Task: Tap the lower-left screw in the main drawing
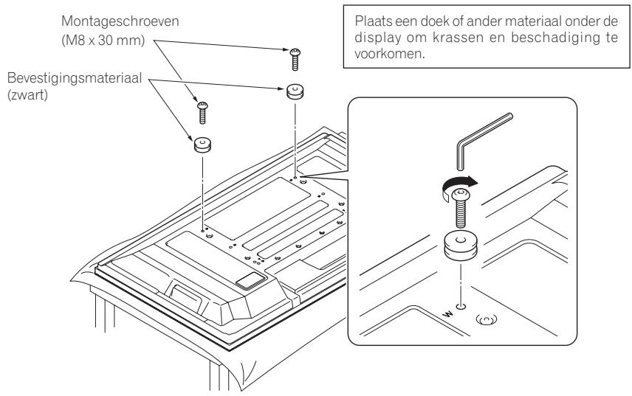coord(202,112)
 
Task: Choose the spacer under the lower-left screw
coord(201,143)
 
